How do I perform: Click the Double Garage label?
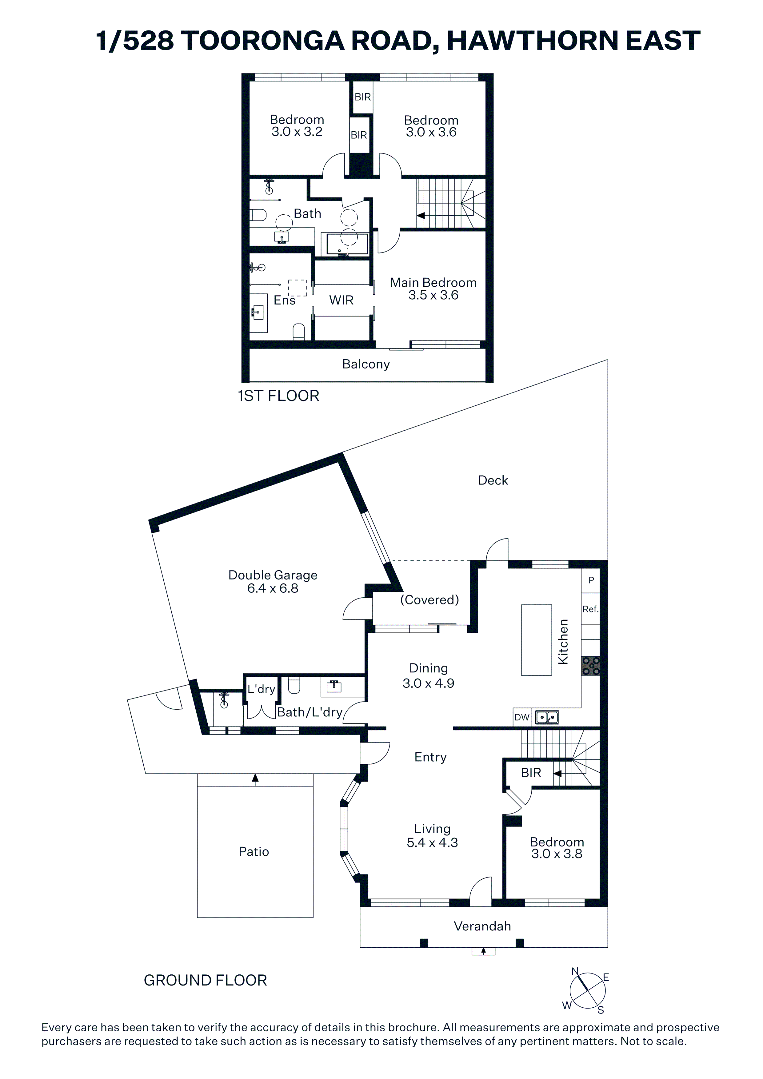273,575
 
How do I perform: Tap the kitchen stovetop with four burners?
591,666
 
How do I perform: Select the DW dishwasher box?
522,717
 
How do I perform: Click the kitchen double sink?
547,717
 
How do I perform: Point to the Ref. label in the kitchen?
590,609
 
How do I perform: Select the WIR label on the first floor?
341,300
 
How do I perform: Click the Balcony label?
366,364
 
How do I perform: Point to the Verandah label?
482,926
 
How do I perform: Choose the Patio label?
254,852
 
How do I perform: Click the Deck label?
493,480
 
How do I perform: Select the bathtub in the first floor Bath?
347,243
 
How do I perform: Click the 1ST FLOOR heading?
279,396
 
